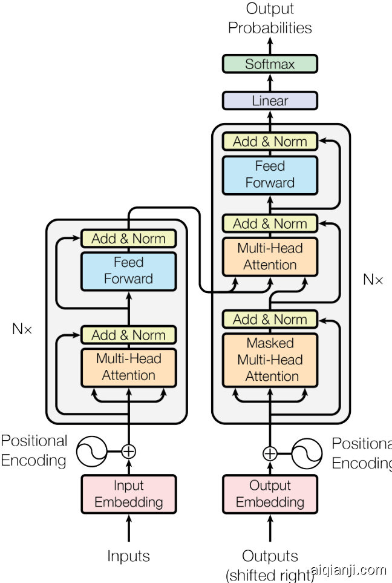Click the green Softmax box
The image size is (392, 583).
tap(270, 64)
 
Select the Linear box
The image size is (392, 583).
tap(270, 100)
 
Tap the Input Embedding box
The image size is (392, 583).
tap(129, 494)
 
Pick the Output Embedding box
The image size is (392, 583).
tap(270, 494)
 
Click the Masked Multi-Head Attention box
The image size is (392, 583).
tap(270, 360)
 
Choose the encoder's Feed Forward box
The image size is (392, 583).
tap(129, 271)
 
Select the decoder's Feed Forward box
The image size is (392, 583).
tap(270, 174)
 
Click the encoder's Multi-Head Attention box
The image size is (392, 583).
tap(129, 367)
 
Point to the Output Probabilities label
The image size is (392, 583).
tap(270, 18)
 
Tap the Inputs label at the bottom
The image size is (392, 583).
tap(128, 556)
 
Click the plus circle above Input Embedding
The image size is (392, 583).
tap(128, 451)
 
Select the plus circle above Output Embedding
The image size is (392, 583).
tap(270, 453)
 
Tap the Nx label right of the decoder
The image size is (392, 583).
tap(373, 280)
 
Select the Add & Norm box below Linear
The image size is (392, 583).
tap(270, 142)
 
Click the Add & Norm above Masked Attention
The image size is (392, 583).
tap(270, 319)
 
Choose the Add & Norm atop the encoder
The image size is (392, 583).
tap(129, 239)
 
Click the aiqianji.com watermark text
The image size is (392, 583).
tap(348, 570)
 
